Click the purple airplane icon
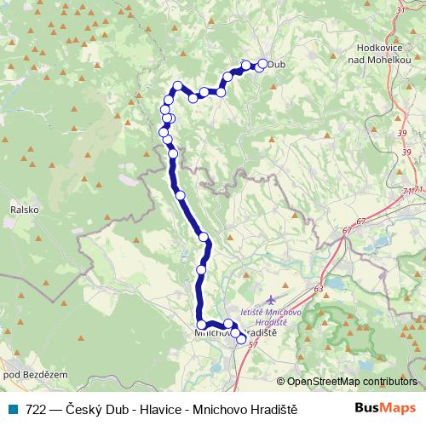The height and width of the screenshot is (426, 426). click(x=271, y=301)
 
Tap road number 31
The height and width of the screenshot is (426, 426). click(x=400, y=10)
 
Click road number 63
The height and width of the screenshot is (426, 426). click(x=318, y=290)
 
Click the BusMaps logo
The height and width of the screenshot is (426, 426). click(x=386, y=407)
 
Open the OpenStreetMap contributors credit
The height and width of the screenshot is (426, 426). click(x=353, y=383)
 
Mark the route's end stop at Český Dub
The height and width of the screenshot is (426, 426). click(x=262, y=64)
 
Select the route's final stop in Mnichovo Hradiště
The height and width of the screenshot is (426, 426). click(x=241, y=339)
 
